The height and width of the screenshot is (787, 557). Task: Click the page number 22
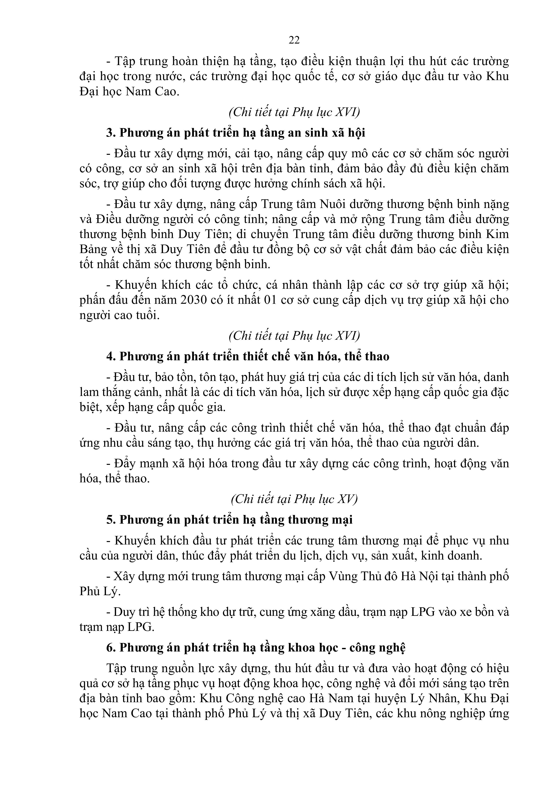pos(294,40)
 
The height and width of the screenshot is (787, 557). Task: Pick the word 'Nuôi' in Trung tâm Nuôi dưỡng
pos(333,204)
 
